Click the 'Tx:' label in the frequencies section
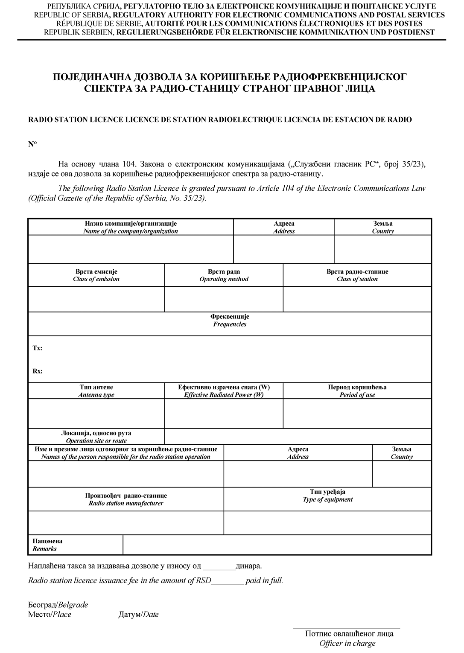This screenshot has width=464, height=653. (38, 348)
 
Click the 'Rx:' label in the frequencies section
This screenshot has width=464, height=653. (38, 371)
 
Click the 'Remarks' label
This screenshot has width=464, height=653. (45, 549)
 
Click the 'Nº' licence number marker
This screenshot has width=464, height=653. (32, 144)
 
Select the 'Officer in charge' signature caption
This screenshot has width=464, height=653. (347, 643)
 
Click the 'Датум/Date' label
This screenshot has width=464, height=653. (138, 615)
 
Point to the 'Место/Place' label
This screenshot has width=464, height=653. (50, 615)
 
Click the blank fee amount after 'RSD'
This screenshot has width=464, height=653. (228, 580)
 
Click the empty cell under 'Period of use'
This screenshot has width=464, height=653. (357, 413)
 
